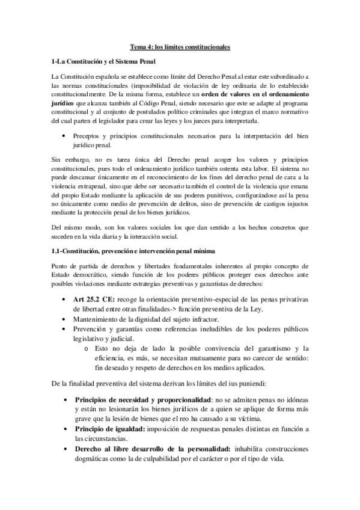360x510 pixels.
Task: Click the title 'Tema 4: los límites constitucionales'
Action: pyautogui.click(x=180, y=46)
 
